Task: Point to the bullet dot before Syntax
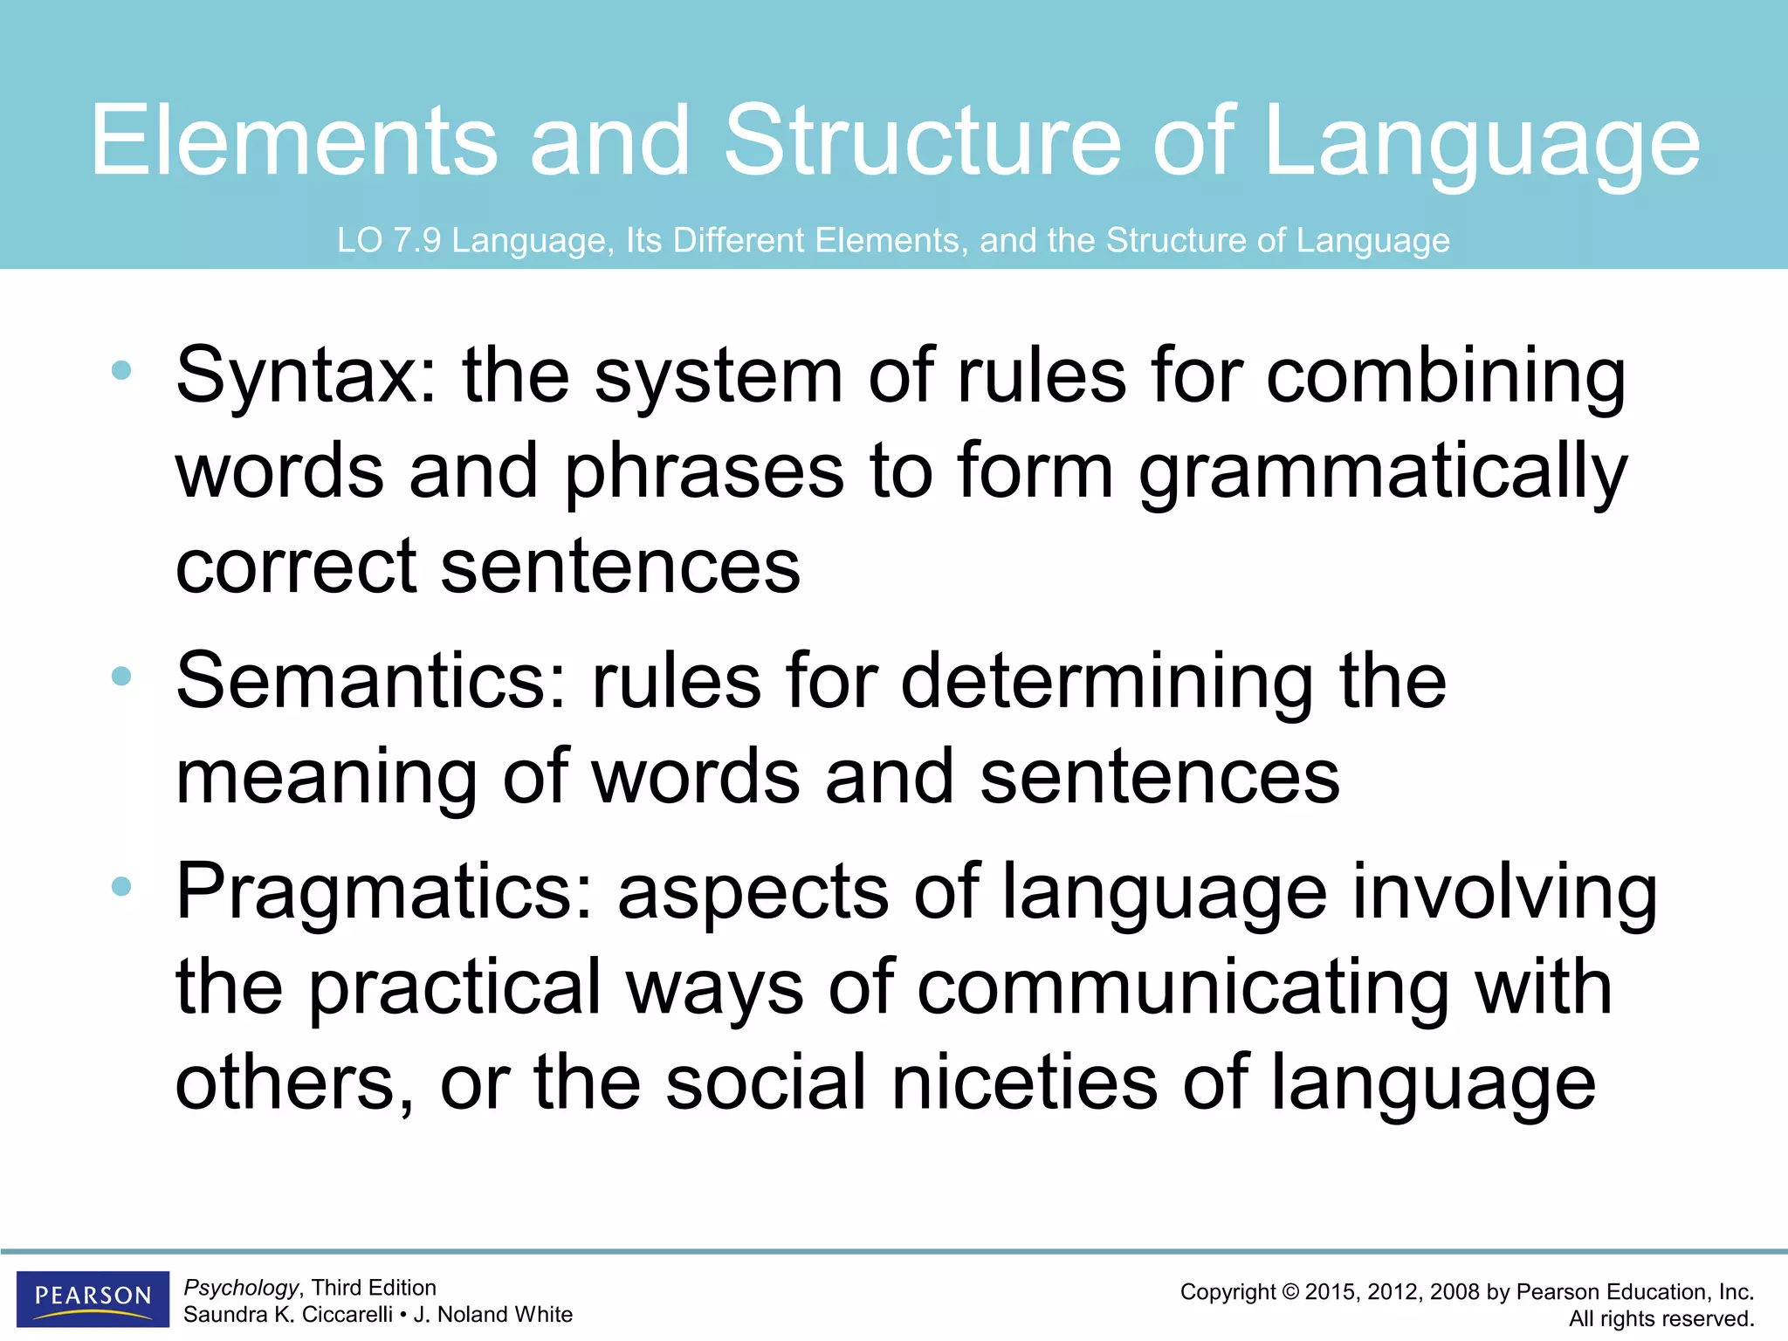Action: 121,370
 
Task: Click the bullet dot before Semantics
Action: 121,676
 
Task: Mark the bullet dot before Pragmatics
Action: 121,887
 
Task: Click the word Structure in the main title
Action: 923,140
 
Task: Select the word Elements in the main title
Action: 294,140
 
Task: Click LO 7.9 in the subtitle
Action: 389,240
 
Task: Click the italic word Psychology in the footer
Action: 241,1288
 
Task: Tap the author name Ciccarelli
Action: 347,1315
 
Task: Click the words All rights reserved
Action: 1661,1318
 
